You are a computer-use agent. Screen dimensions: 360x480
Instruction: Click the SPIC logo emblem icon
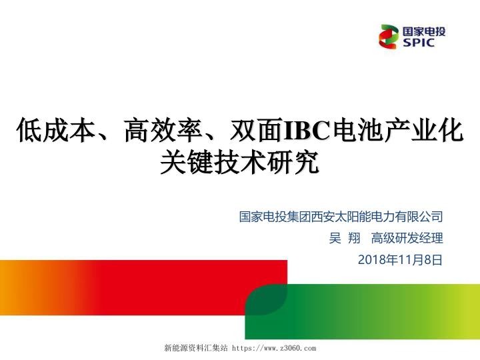click(x=389, y=37)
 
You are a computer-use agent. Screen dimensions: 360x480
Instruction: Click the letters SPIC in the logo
click(x=419, y=43)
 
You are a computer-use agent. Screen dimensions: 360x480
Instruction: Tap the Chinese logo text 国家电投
click(x=424, y=31)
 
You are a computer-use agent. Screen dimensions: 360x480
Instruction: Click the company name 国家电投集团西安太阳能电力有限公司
click(x=341, y=217)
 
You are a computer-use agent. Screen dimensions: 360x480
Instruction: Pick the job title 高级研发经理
click(x=407, y=238)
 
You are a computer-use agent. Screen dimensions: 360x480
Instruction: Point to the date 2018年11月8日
click(x=400, y=259)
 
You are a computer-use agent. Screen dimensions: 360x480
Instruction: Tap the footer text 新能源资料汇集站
click(x=196, y=348)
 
